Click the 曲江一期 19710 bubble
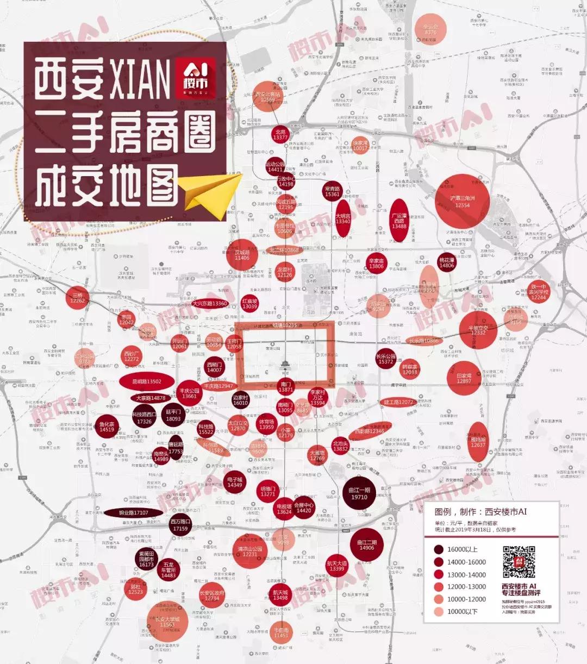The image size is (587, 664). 359,493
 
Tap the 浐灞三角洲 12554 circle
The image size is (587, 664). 463,201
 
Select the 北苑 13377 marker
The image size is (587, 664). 280,135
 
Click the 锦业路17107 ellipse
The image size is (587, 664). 134,512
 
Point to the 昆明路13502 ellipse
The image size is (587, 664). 146,381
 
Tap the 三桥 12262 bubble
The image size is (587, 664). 78,297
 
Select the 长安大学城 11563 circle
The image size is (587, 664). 167,622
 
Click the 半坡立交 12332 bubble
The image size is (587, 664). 478,329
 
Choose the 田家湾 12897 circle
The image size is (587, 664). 464,378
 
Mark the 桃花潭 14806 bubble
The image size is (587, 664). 446,263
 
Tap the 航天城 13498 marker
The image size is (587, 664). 280,596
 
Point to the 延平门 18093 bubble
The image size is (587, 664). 173,415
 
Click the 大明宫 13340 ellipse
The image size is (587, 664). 342,218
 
